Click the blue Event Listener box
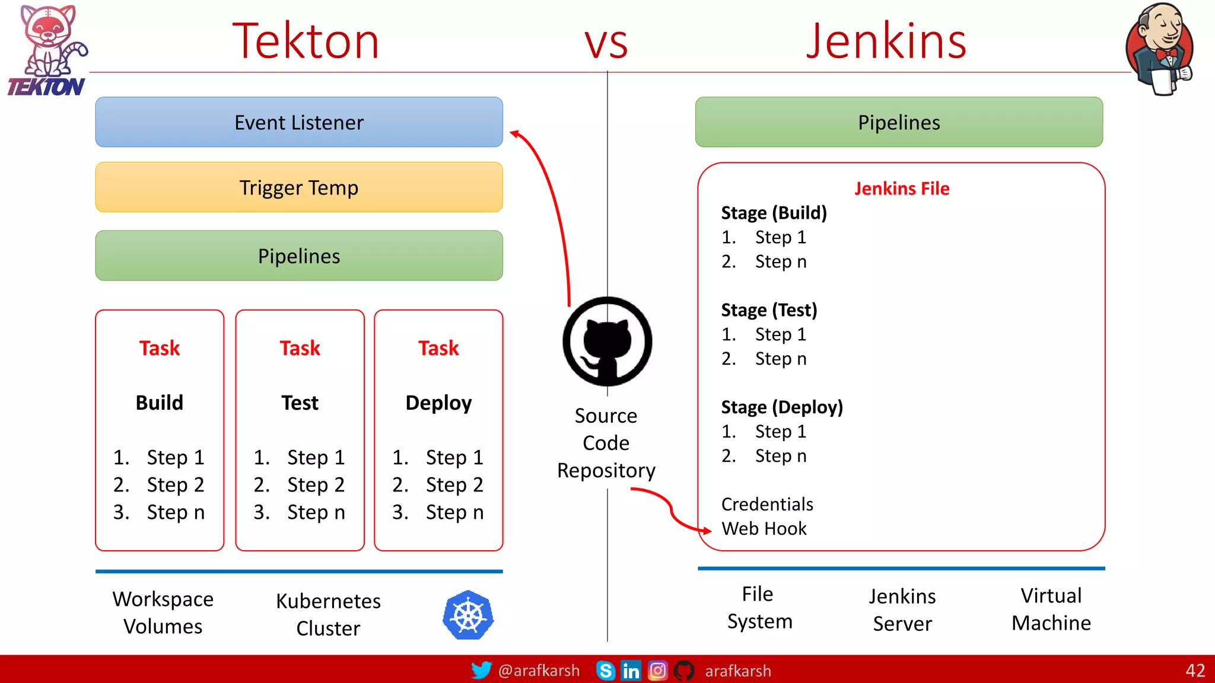pyautogui.click(x=299, y=122)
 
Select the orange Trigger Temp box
pyautogui.click(x=299, y=187)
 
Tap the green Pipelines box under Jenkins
pyautogui.click(x=899, y=122)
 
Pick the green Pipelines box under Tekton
pyautogui.click(x=299, y=256)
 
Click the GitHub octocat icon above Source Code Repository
pyautogui.click(x=607, y=341)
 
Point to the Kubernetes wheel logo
pyautogui.click(x=468, y=615)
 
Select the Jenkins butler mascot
pyautogui.click(x=1160, y=49)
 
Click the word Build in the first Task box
pyautogui.click(x=159, y=403)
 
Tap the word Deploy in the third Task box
pyautogui.click(x=438, y=403)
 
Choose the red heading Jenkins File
pyautogui.click(x=901, y=189)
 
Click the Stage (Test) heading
pyautogui.click(x=769, y=309)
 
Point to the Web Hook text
pyautogui.click(x=764, y=528)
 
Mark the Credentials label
pyautogui.click(x=766, y=504)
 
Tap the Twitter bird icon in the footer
pyautogui.click(x=481, y=670)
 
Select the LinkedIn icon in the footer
pyautogui.click(x=631, y=671)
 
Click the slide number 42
pyautogui.click(x=1195, y=671)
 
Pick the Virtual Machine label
pyautogui.click(x=1051, y=609)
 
